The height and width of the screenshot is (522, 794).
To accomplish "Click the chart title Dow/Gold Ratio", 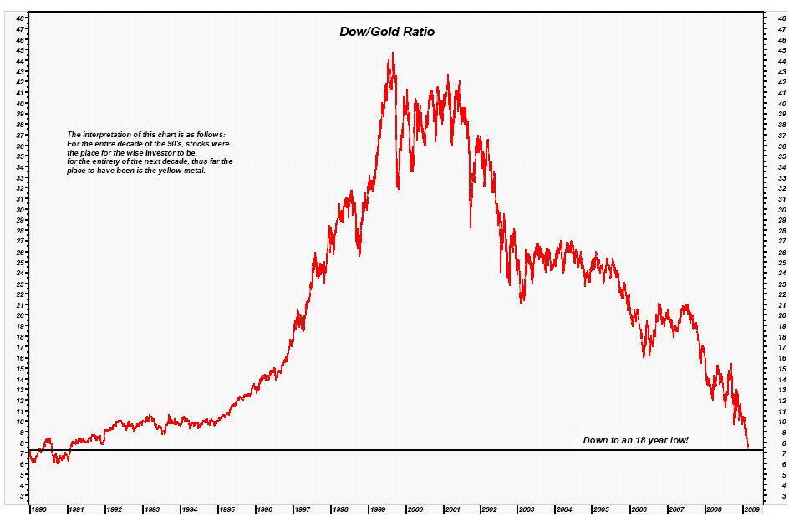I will [386, 31].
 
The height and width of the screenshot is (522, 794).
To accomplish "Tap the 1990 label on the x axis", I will [38, 508].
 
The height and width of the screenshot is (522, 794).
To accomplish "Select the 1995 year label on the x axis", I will [226, 508].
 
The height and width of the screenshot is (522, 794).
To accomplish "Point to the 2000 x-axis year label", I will [415, 508].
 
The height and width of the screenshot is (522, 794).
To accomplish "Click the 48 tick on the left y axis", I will [20, 18].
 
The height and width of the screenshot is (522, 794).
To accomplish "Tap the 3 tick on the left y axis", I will [22, 496].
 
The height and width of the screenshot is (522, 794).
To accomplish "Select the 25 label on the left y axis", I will [20, 262].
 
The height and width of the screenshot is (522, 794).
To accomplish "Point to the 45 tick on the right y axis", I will [782, 50].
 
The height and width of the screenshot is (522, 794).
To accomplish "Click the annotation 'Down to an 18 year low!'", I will [635, 440].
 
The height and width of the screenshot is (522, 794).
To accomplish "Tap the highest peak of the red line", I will [393, 54].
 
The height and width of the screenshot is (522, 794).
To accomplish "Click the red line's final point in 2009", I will [748, 447].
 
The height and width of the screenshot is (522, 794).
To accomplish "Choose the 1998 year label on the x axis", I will [340, 508].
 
